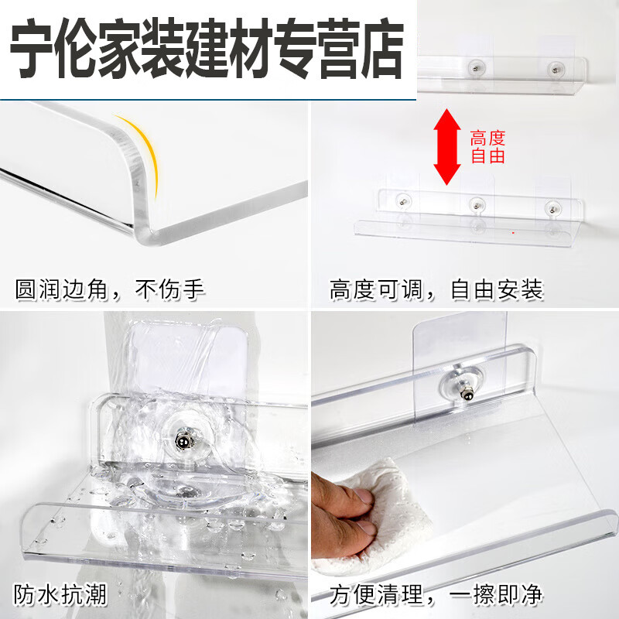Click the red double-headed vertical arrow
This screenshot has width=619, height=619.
click(x=446, y=147)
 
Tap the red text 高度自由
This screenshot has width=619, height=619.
click(x=487, y=147)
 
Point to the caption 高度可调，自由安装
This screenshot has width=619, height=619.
click(x=436, y=289)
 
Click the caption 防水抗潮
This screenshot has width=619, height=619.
click(x=60, y=595)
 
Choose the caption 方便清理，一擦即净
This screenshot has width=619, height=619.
click(x=436, y=595)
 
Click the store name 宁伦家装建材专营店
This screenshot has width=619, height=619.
click(x=207, y=49)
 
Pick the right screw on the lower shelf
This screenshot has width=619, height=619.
click(x=551, y=207)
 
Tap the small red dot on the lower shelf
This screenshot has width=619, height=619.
click(x=512, y=231)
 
